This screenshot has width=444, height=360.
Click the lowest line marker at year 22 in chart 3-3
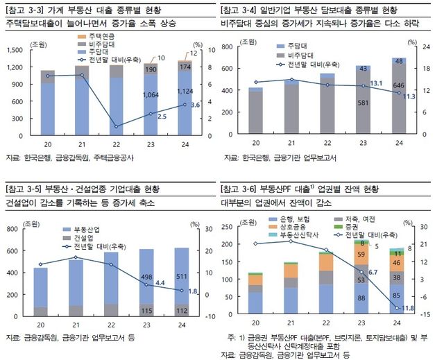coord(115,126)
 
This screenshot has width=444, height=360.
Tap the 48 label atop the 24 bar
coord(399,62)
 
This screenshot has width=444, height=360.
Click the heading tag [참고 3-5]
coord(24,189)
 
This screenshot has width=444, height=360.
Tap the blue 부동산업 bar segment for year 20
coord(41,287)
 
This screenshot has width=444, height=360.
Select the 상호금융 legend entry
coord(291,228)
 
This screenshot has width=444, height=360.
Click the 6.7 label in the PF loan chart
coord(373,272)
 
